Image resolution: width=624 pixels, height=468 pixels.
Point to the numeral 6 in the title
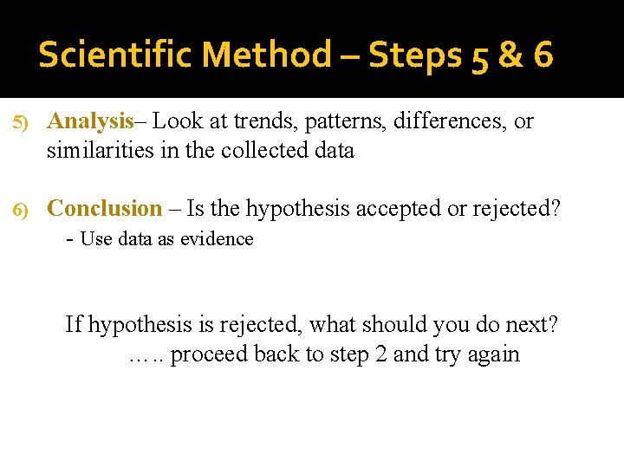[x=543, y=55]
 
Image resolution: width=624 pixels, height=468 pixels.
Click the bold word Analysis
[x=90, y=122]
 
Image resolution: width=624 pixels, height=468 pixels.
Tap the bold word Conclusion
[x=104, y=208]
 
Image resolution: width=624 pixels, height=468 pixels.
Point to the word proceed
[x=203, y=354]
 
